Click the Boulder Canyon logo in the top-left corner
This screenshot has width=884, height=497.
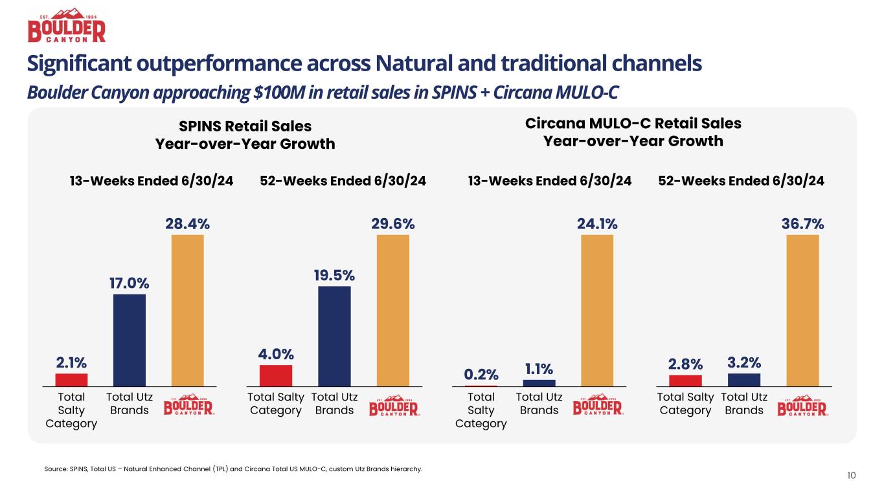click(x=66, y=26)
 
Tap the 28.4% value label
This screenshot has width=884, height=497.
click(x=188, y=224)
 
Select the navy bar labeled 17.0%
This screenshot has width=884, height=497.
click(x=130, y=340)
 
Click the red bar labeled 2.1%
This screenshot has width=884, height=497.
click(x=71, y=380)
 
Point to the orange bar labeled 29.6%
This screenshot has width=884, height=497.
click(x=392, y=311)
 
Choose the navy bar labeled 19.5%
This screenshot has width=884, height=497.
click(x=334, y=336)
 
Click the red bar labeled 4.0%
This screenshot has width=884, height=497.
click(x=276, y=375)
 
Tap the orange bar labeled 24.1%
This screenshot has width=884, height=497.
click(x=597, y=311)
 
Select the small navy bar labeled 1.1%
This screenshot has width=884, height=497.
click(x=539, y=382)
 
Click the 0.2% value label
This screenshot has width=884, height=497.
click(x=481, y=374)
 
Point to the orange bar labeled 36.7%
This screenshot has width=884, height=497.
click(x=802, y=311)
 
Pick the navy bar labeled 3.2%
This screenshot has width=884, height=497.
click(x=744, y=380)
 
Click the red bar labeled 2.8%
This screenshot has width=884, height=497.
click(x=685, y=381)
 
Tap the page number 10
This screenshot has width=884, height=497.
click(x=851, y=476)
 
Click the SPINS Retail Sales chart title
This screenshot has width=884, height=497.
click(x=245, y=135)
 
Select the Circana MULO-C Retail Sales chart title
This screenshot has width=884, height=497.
click(x=632, y=132)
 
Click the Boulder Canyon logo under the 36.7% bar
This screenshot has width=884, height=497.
click(x=802, y=406)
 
